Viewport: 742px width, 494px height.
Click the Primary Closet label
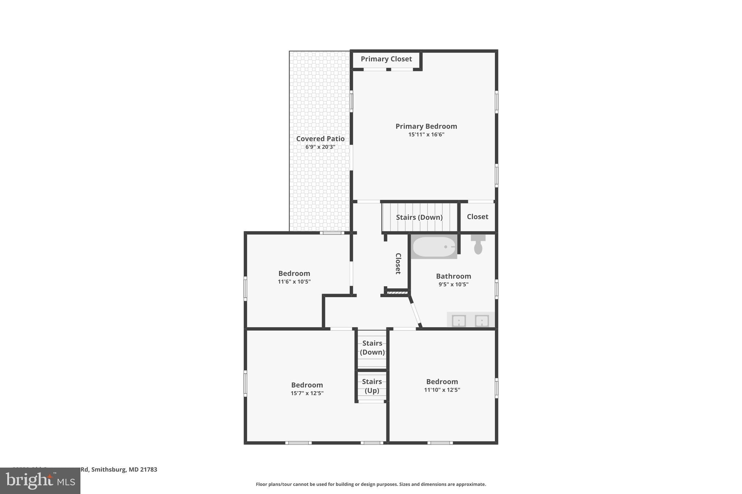386,59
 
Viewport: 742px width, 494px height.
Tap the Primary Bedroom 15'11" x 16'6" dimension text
426,135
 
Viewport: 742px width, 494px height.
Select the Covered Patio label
320,139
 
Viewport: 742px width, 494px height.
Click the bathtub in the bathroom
434,247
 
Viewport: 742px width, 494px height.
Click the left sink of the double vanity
459,321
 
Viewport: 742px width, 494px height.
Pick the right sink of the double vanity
482,321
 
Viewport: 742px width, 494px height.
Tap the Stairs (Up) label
372,386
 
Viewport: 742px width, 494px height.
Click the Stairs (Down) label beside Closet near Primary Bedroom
419,217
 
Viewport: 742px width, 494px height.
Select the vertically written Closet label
398,263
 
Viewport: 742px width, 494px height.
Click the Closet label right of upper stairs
477,217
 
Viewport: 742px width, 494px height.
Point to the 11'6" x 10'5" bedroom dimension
294,282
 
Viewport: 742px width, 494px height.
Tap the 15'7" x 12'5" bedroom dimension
307,393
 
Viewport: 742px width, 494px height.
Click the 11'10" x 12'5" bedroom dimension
442,390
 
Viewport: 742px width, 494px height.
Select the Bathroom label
453,276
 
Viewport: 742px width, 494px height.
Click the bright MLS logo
40,481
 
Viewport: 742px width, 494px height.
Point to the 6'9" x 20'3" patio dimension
320,147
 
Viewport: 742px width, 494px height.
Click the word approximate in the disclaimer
470,484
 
